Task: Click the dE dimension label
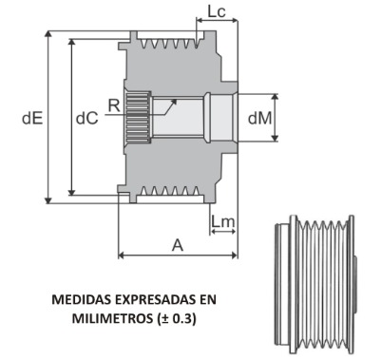(32, 118)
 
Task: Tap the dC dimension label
(87, 118)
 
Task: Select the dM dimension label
(260, 118)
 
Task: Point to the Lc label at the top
(217, 11)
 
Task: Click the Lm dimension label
(223, 222)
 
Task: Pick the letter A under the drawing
(178, 245)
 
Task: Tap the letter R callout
(114, 105)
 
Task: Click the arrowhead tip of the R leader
(177, 99)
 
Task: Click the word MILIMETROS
(112, 318)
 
